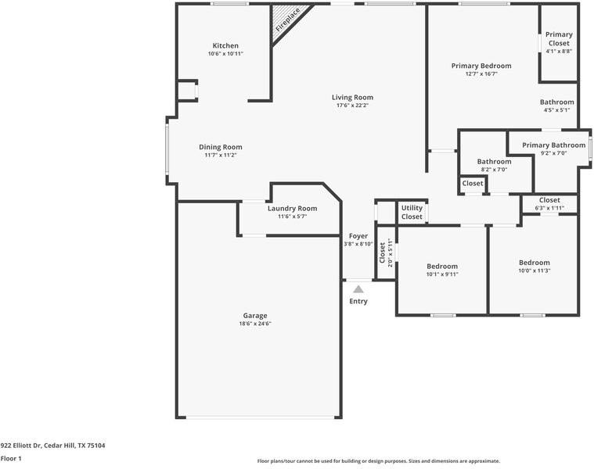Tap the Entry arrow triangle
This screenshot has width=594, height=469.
[358, 289]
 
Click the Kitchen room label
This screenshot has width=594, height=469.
[225, 46]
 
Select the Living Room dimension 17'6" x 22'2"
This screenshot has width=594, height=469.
[352, 106]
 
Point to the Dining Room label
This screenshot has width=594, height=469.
[221, 147]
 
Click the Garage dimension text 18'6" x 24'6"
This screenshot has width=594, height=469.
[255, 324]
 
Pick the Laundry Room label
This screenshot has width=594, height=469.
[292, 209]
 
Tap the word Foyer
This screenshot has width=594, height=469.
[358, 236]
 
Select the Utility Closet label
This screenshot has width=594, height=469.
[412, 212]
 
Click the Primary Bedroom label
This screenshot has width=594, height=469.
[481, 66]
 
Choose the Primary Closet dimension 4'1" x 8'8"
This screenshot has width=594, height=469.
[559, 52]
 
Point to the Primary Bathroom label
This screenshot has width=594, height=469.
[553, 145]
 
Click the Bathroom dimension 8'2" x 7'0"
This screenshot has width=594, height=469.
[494, 170]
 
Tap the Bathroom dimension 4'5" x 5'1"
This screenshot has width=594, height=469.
[557, 110]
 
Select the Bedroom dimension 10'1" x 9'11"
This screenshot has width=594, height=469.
[442, 274]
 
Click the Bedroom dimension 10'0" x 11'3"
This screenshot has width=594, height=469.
[535, 270]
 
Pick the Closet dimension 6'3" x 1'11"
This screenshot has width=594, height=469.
[549, 209]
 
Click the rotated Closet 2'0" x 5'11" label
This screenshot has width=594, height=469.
[386, 252]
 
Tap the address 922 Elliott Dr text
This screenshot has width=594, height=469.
[20, 446]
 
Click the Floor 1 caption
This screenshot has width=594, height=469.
[11, 459]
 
